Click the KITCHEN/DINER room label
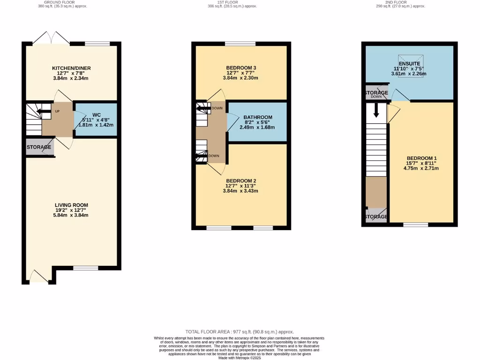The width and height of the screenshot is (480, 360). [x=71, y=68]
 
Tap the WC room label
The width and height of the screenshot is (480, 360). [x=97, y=115]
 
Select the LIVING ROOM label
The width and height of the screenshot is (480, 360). [x=71, y=205]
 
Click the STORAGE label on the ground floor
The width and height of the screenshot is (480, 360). [x=39, y=147]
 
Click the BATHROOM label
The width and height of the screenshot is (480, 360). [x=257, y=118]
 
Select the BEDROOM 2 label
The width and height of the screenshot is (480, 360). [x=241, y=181]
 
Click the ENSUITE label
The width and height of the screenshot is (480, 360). [x=409, y=64]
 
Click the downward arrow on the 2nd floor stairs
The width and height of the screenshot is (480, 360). [x=376, y=111]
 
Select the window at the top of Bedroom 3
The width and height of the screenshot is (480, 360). [x=240, y=44]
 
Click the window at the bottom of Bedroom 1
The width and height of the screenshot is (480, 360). [x=415, y=225]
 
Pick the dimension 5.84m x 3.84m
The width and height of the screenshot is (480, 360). [x=71, y=215]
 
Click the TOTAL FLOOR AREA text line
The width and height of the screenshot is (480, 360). [x=240, y=332]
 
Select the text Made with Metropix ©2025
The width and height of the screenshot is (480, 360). [x=240, y=358]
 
